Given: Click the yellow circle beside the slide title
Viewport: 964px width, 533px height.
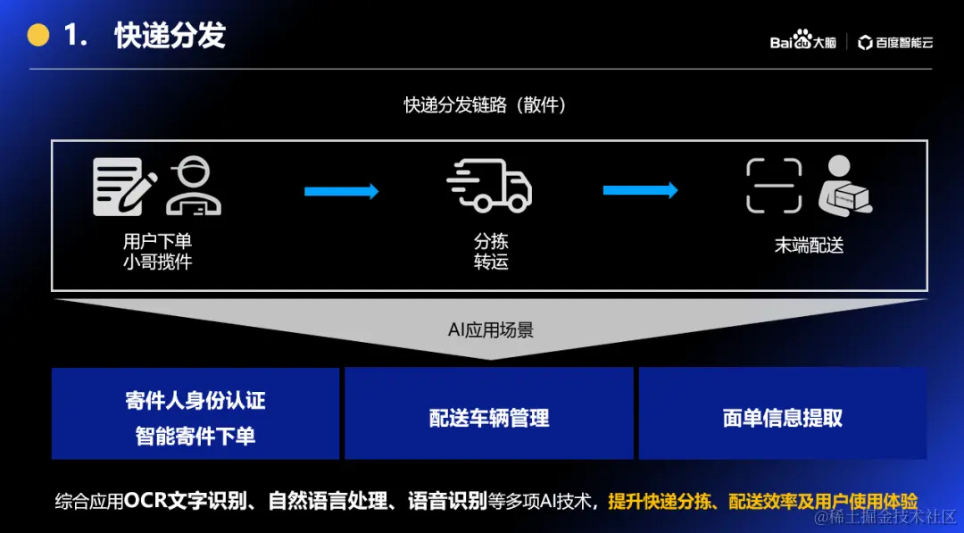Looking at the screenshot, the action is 38,35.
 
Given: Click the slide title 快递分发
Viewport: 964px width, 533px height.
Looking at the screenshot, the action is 170,36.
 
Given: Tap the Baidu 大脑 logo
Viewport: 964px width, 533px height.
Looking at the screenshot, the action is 802,41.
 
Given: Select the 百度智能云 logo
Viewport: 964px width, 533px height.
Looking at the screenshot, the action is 895,42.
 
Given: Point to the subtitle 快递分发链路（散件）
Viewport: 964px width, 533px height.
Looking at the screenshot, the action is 485,105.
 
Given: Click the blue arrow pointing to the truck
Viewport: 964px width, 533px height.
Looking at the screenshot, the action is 341,191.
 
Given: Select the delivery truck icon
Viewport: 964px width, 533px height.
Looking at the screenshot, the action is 488,186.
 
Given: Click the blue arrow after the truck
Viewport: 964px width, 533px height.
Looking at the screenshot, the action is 640,190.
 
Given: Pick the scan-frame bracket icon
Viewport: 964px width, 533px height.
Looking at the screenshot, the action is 774,186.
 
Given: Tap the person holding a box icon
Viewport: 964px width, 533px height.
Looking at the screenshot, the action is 844,185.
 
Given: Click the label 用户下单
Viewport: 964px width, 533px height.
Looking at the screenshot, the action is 157,241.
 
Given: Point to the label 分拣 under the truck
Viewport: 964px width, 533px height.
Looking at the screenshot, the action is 490,241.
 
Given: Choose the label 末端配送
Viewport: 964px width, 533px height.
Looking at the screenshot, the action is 809,246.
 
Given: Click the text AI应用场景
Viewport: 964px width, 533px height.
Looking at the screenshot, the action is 490,330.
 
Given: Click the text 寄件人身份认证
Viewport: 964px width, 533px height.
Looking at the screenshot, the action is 195,401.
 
